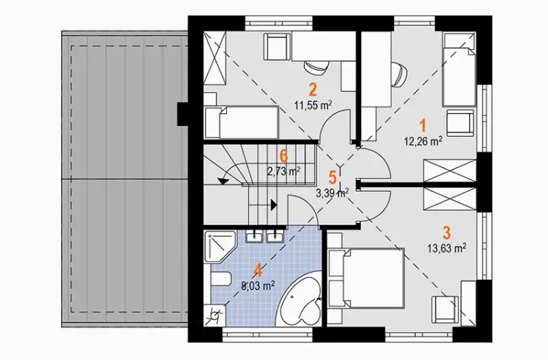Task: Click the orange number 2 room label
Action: point(313,89)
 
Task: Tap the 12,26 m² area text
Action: point(423,141)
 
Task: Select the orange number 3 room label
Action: point(446,232)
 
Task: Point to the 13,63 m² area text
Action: point(446,248)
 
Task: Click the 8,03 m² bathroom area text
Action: point(258,286)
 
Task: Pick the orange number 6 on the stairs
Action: point(284,156)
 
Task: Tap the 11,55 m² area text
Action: point(313,105)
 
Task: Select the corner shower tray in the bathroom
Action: point(220,246)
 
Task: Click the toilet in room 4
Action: point(221,280)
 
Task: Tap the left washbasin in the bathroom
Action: point(254,236)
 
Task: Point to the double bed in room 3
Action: point(367,278)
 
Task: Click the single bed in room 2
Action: point(242,122)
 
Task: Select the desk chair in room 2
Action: point(317,68)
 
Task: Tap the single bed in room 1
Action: point(459,70)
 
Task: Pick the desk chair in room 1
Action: point(400,74)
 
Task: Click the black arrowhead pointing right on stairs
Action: point(273,205)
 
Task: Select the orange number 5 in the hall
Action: point(333,177)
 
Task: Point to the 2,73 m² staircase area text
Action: point(284,172)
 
